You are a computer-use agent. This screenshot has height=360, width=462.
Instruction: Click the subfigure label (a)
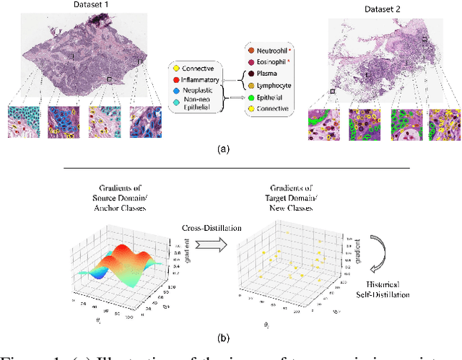pos(223,149)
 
